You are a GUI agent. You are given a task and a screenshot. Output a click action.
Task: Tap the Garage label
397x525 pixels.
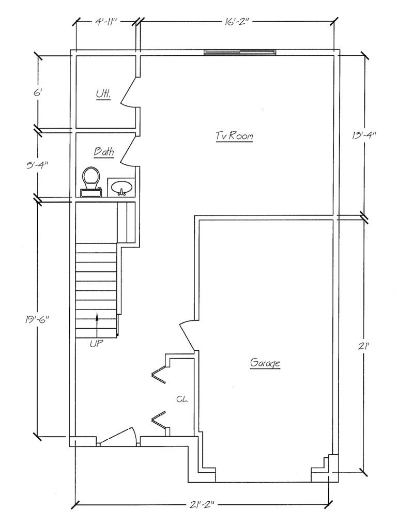coord(265,363)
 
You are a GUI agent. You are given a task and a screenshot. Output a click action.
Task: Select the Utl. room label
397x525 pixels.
coord(103,95)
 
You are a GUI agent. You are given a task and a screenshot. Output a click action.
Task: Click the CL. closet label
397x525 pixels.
coord(182,399)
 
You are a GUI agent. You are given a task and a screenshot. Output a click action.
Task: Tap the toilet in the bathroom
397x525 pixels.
coord(91,181)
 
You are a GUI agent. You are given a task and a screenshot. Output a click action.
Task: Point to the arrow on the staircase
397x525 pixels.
coord(97,325)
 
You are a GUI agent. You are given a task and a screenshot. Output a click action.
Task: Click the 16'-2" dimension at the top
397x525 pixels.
coord(236,22)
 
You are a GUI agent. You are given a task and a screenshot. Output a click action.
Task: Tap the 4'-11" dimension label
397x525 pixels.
coord(106,22)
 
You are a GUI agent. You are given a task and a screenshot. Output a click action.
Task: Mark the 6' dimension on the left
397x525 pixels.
coord(37,92)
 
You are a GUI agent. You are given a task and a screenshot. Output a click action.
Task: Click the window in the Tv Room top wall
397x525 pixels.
coord(240,52)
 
